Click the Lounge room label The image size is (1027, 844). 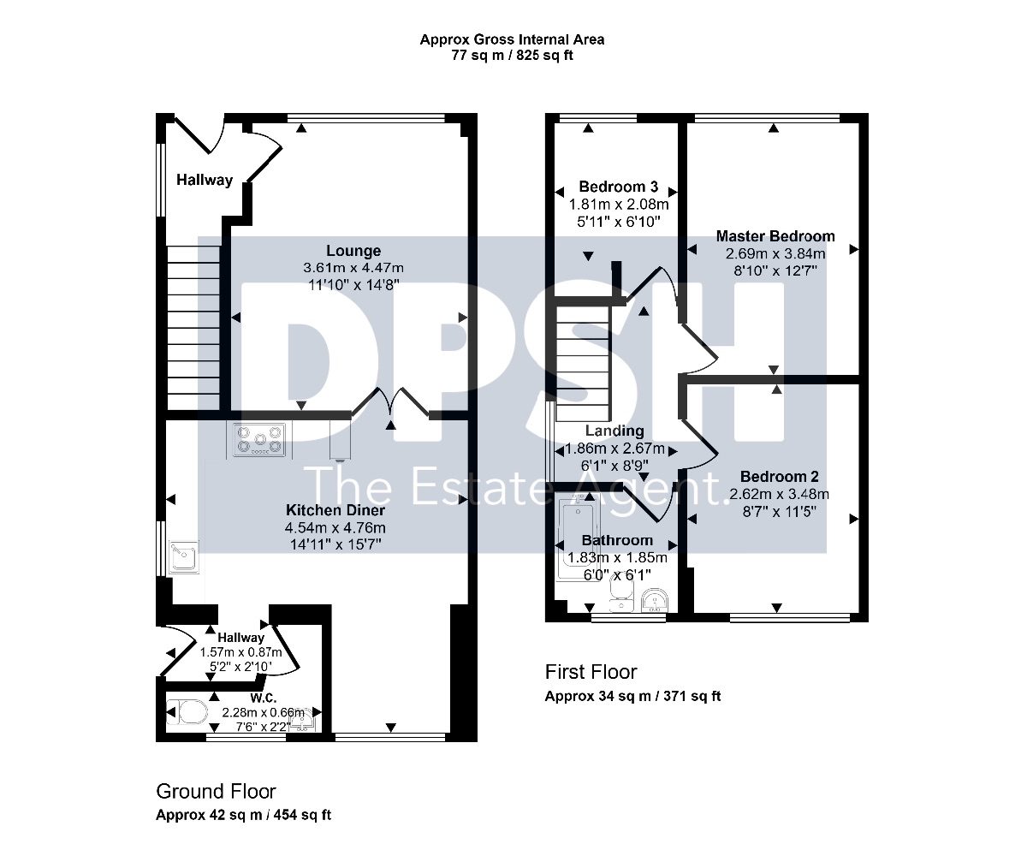(353, 251)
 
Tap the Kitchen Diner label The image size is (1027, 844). (335, 510)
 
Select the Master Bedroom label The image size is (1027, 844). (775, 236)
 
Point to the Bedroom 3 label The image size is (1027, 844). (619, 187)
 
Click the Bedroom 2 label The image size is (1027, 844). (779, 476)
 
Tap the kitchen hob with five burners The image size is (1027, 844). (258, 440)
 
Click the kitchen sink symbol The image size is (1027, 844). (184, 557)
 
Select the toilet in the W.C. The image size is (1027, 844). (187, 712)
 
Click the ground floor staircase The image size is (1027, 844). (193, 327)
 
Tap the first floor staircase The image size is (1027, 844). (583, 363)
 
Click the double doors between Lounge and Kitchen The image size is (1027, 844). (390, 403)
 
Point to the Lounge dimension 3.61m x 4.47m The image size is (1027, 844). (353, 268)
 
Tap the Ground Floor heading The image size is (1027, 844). (216, 792)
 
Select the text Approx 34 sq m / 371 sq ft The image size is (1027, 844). (632, 696)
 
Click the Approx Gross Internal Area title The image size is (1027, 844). (512, 39)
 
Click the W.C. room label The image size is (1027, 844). (264, 698)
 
